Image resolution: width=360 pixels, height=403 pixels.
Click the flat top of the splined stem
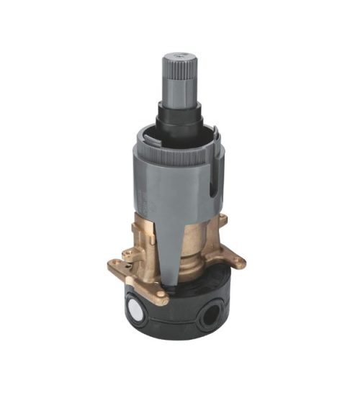(x=178, y=55)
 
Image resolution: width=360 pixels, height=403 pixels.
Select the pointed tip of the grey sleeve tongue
(x=168, y=286)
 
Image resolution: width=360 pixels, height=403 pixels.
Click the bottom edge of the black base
(x=180, y=339)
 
